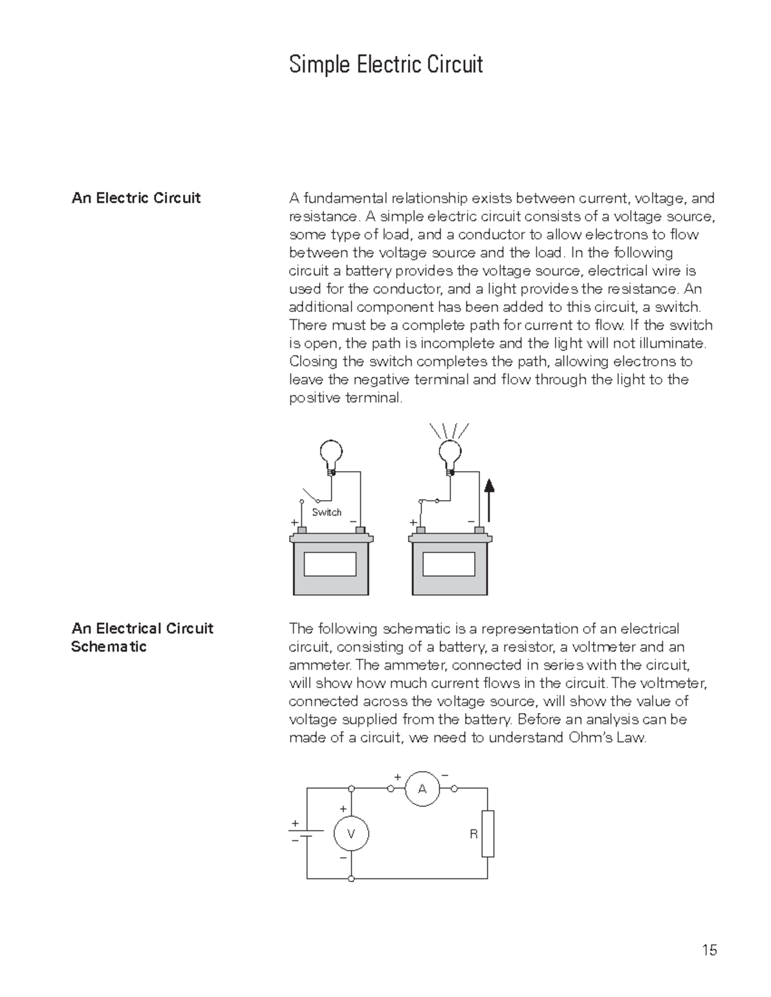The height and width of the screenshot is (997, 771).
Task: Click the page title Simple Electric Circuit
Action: point(385,65)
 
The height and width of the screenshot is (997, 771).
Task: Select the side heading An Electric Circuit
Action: point(136,198)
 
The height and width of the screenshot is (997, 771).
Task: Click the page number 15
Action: point(709,950)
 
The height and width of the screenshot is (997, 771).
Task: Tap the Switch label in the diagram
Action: point(326,512)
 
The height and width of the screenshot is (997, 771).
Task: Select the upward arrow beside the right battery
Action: point(489,501)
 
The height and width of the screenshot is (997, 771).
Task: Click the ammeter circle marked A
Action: point(422,789)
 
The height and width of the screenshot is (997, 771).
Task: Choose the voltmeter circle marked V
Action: point(351,834)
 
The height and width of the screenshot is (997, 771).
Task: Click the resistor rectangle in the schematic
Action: point(488,833)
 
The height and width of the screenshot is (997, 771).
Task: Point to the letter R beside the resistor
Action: point(473,835)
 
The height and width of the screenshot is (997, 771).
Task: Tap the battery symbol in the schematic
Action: point(307,833)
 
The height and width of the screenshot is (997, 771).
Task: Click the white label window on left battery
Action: point(330,564)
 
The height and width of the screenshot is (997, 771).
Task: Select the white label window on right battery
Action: point(448,564)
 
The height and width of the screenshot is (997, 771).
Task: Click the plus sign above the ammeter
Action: point(396,777)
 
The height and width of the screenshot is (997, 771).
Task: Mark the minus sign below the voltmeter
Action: point(343,858)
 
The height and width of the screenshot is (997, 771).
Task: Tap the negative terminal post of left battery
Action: point(360,530)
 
